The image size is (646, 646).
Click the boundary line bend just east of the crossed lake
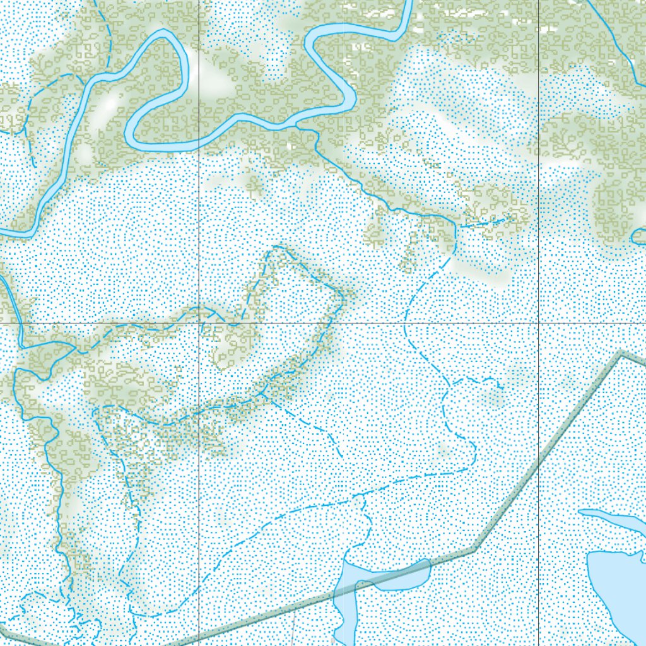[474, 549]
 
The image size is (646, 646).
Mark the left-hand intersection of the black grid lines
[199, 324]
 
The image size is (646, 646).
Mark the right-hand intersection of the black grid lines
[538, 324]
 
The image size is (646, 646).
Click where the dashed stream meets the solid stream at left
[77, 348]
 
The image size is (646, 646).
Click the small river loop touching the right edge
[637, 238]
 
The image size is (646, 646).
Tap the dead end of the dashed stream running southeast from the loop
[341, 455]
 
